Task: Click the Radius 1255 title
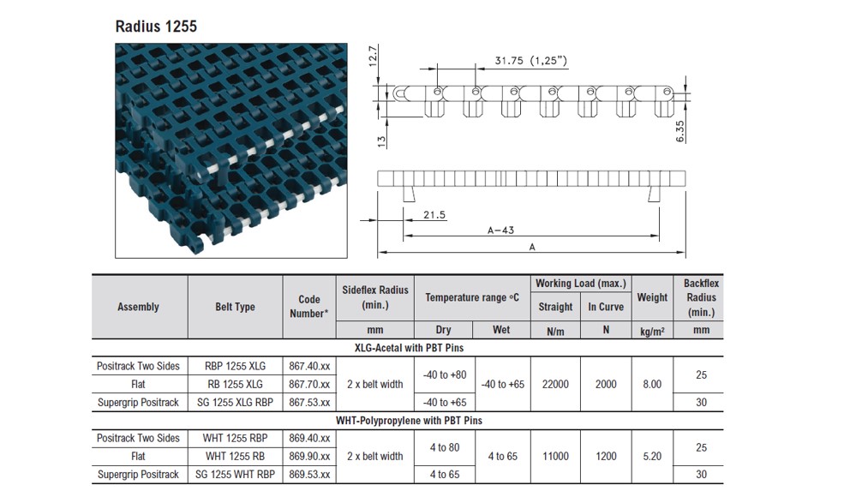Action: pyautogui.click(x=156, y=27)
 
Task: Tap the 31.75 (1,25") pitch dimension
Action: pyautogui.click(x=530, y=61)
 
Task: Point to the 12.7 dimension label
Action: pyautogui.click(x=374, y=57)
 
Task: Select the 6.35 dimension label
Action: pyautogui.click(x=680, y=132)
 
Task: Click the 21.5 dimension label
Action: pyautogui.click(x=434, y=214)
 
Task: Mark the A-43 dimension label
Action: pyautogui.click(x=500, y=230)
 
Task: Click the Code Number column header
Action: pyautogui.click(x=309, y=307)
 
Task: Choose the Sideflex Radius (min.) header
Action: pyautogui.click(x=375, y=297)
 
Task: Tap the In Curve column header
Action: pyautogui.click(x=606, y=307)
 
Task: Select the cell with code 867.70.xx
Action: pyautogui.click(x=309, y=384)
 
